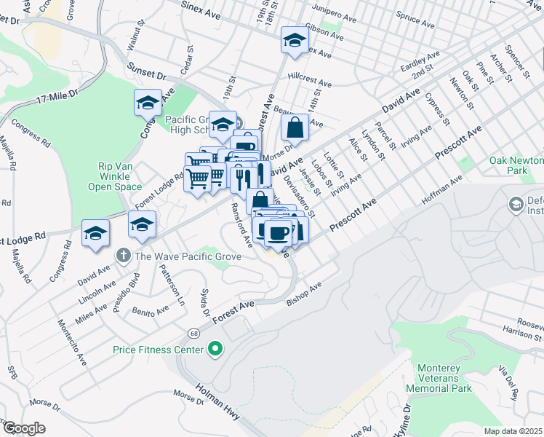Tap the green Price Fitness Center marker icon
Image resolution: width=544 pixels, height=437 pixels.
(x=215, y=350)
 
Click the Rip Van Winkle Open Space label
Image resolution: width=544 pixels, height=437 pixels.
(x=120, y=176)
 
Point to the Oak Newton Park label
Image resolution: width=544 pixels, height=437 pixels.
(x=516, y=165)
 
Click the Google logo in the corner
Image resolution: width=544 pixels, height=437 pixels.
(x=23, y=428)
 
